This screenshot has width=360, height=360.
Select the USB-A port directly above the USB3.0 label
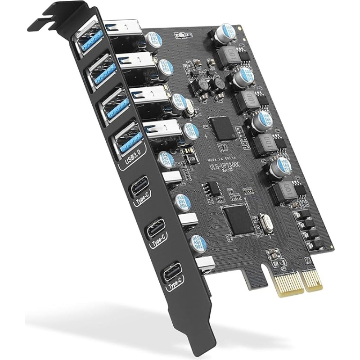127,138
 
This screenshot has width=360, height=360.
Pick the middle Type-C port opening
154,228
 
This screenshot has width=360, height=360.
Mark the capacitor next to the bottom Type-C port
198,244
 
